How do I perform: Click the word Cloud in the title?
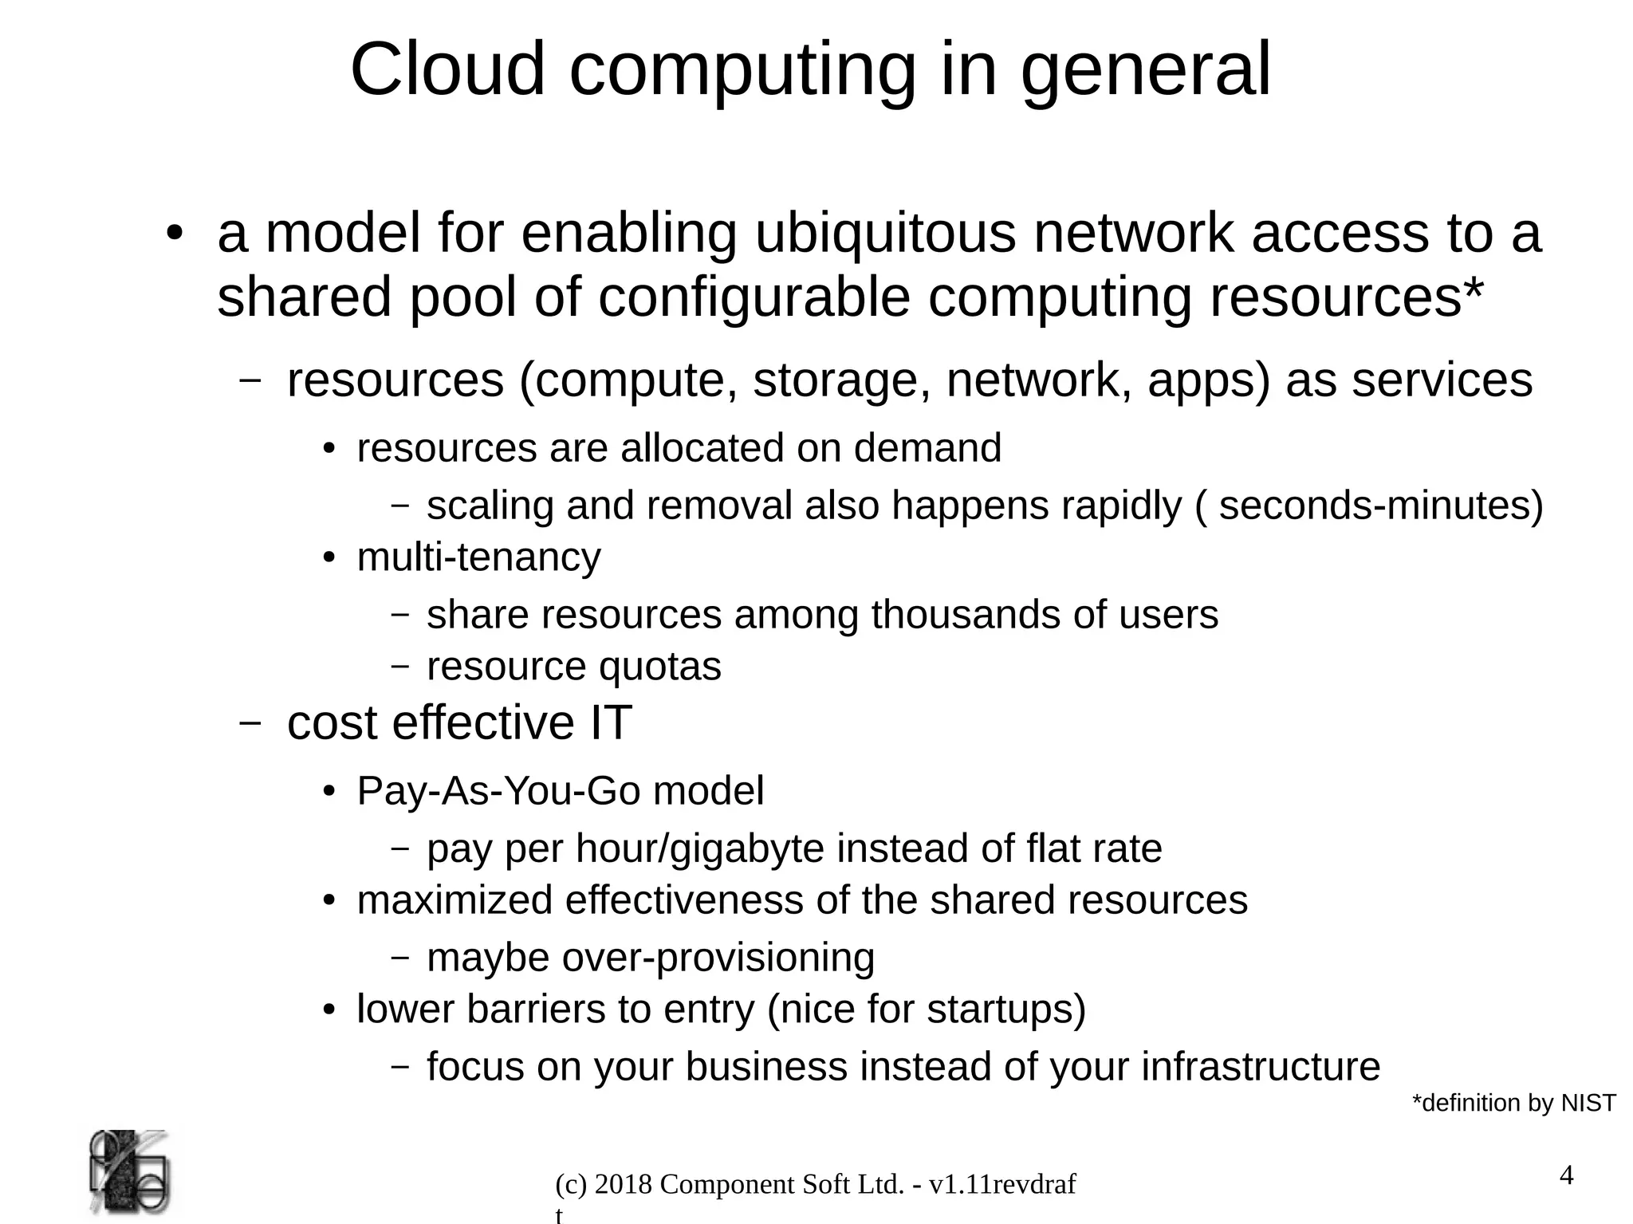point(447,70)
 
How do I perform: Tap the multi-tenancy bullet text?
point(478,557)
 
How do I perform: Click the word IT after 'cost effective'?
point(610,723)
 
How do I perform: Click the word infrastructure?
point(1260,1067)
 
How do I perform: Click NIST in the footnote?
point(1588,1104)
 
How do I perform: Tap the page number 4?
point(1566,1176)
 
